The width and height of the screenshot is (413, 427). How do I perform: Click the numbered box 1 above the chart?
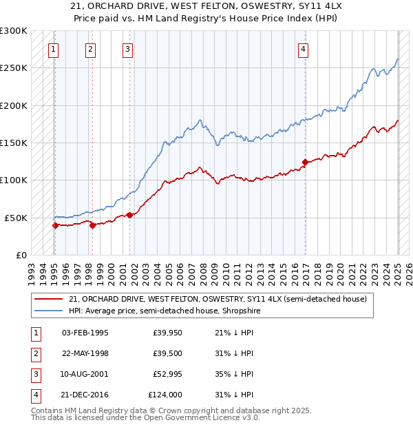[53, 49]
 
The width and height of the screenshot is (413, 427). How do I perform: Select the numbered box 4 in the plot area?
[303, 49]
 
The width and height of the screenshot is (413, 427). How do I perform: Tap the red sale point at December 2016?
[304, 163]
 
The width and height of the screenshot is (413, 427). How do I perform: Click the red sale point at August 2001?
[129, 215]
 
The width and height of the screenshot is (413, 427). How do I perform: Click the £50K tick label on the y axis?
[16, 218]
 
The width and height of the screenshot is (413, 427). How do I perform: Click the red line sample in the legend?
[49, 299]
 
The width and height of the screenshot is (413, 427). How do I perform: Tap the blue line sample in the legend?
[49, 311]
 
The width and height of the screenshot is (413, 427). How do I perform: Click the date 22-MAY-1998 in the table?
[85, 353]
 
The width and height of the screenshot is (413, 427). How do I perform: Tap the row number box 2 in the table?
[35, 353]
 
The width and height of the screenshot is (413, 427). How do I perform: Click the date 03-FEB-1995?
[85, 333]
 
